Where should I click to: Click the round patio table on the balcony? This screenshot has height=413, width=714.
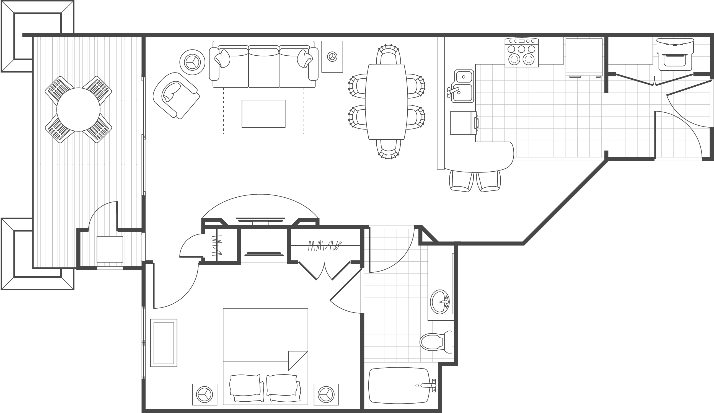coord(78,109)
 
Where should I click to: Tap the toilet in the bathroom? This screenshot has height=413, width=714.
coord(435,342)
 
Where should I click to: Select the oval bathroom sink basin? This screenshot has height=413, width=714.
coord(439,302)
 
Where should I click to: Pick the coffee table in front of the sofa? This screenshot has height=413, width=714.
coord(263,114)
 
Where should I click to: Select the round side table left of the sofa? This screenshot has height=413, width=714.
coord(192,62)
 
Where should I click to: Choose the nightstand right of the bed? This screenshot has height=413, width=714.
coord(326,394)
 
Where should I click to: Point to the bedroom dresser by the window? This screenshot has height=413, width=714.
coord(164,343)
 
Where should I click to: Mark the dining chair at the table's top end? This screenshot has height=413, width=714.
coord(388,55)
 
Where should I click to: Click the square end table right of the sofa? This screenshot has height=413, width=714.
coord(332,56)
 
